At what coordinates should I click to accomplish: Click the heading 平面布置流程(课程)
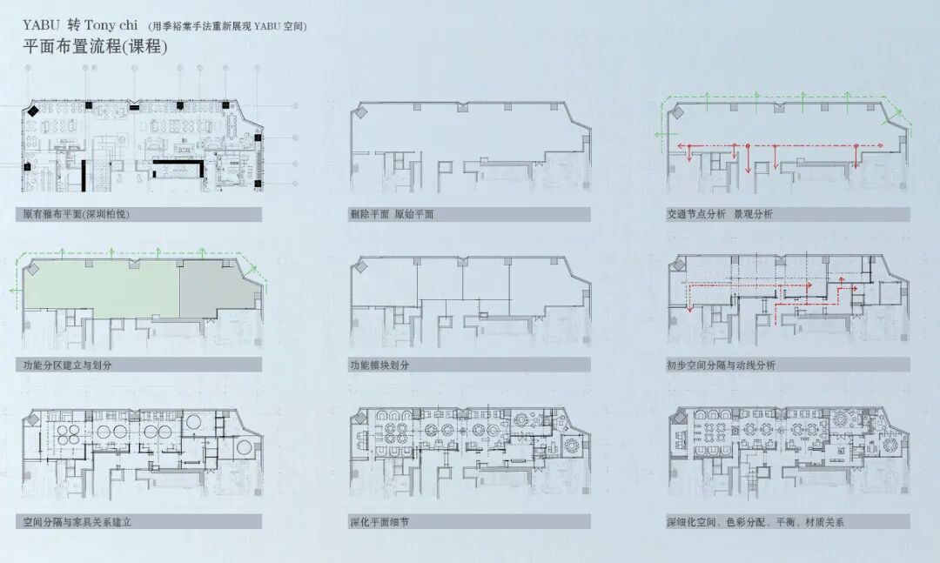[95, 47]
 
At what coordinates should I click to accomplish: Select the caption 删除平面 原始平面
[392, 214]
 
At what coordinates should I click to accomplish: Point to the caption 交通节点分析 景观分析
[719, 214]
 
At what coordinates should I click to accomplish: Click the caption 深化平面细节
[379, 522]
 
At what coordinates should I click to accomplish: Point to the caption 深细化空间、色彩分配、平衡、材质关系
[755, 522]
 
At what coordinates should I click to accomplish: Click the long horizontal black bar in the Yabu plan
[178, 163]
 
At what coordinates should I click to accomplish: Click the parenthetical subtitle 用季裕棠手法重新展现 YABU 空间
[228, 26]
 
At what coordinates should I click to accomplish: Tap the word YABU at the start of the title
[39, 24]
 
